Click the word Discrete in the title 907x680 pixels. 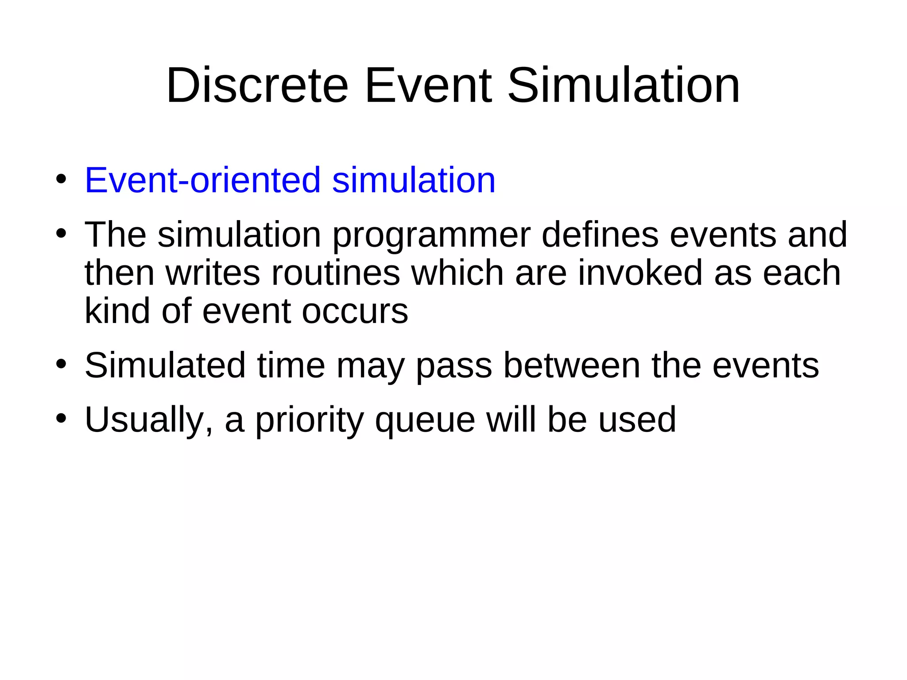coord(257,85)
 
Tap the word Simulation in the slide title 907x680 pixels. coord(624,85)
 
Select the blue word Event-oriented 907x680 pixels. coord(202,180)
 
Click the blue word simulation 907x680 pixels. coord(414,180)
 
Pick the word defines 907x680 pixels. coord(600,235)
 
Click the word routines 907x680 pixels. coord(336,273)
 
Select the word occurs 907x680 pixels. coord(355,311)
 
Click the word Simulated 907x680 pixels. coord(165,366)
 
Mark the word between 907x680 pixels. coord(572,366)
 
